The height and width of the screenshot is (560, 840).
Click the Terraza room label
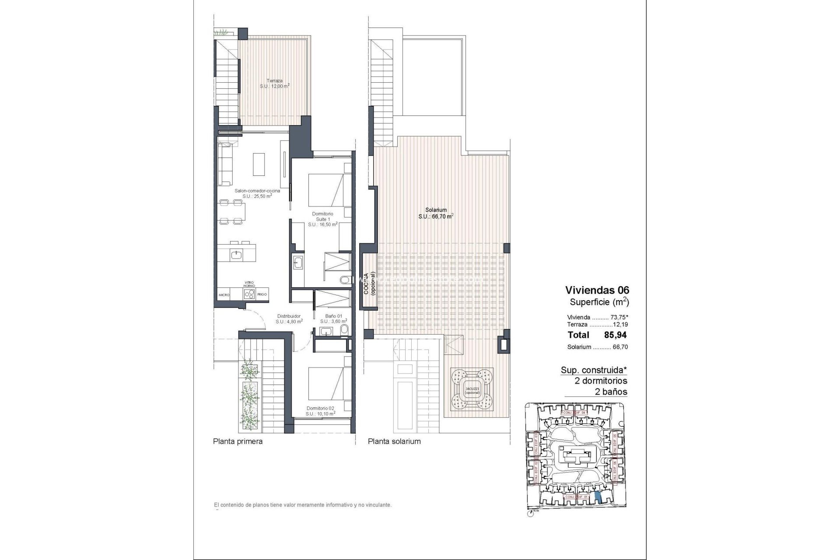click(274, 84)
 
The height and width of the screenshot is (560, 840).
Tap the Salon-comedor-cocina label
click(257, 193)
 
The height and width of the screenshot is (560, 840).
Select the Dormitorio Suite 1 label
click(322, 219)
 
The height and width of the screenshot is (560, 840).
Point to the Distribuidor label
click(289, 318)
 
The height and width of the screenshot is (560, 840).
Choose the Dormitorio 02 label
click(320, 410)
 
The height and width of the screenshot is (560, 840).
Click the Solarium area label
click(435, 213)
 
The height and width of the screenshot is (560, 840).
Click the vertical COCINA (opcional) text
click(370, 284)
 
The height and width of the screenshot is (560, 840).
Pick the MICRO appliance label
click(224, 295)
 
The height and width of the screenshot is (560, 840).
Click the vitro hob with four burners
click(249, 294)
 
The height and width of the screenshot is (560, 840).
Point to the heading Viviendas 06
click(597, 290)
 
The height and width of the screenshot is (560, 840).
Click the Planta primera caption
click(238, 441)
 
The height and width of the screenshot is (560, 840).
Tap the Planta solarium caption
click(394, 441)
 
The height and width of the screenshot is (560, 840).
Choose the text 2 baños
click(611, 392)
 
